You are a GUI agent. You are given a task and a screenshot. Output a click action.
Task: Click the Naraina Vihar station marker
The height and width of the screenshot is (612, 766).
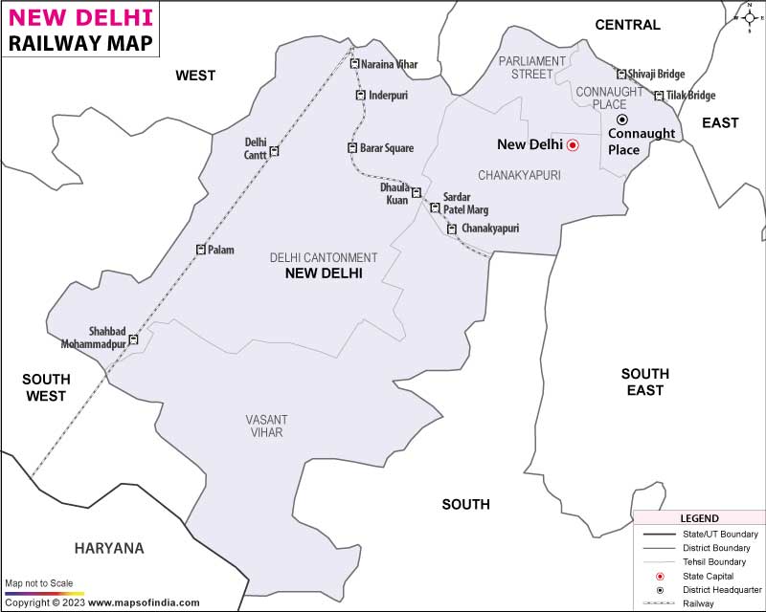354,64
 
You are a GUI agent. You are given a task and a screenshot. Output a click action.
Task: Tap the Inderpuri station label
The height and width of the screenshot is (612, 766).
389,95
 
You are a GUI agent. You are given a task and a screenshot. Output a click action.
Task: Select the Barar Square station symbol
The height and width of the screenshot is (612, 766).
352,147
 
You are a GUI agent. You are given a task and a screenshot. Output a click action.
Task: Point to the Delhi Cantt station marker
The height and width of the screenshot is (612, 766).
274,151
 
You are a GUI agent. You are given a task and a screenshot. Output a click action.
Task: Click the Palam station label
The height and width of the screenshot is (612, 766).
221,250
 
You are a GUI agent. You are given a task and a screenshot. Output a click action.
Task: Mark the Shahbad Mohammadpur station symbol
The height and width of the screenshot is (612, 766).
133,339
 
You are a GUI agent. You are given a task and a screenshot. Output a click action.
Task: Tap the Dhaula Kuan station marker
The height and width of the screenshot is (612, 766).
417,193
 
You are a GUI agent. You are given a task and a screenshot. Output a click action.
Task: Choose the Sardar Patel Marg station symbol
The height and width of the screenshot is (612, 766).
435,208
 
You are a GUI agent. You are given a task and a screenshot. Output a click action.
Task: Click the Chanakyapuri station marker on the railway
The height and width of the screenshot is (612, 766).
452,229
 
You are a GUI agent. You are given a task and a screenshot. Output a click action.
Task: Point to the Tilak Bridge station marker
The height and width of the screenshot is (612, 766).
659,96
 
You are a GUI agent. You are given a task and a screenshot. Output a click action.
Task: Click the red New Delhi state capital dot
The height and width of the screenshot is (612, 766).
573,145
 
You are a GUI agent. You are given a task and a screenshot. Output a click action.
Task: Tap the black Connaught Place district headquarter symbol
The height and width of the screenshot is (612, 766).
621,120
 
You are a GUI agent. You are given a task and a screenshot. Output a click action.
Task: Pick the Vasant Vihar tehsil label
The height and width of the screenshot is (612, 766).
265,426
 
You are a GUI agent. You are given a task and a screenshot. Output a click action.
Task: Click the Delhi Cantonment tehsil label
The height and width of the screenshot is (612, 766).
324,257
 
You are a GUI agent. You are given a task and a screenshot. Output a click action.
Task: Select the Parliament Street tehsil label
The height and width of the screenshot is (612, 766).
532,67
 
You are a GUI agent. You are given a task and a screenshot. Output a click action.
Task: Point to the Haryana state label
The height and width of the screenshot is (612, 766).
108,548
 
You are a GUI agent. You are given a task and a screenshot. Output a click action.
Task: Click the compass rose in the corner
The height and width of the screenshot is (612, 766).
748,16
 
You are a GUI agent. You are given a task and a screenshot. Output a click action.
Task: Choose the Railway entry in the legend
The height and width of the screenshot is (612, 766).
697,603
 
